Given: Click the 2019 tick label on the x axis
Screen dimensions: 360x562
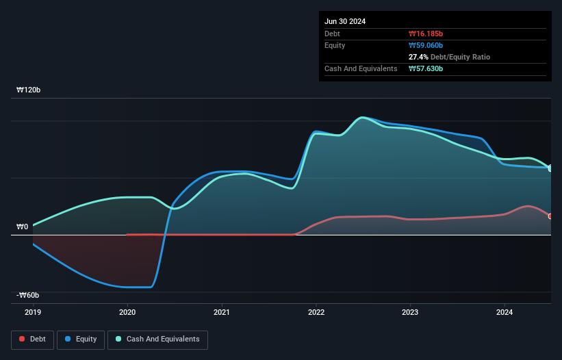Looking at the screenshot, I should (33, 312).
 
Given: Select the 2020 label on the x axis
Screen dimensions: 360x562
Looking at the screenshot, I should (127, 312).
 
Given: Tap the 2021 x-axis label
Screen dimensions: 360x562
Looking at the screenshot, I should (222, 312).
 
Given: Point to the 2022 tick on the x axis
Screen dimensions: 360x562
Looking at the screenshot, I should (316, 312).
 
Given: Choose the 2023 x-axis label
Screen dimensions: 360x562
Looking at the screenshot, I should (410, 312).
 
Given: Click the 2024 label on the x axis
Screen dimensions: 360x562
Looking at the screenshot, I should (504, 312).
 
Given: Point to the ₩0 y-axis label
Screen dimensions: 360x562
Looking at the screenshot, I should (23, 227).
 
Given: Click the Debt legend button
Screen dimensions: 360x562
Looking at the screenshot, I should (32, 339).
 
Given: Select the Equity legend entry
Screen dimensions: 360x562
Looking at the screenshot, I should (81, 339).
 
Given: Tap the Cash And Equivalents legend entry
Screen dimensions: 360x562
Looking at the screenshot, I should (157, 339).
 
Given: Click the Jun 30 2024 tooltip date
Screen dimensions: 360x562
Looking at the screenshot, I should (345, 21).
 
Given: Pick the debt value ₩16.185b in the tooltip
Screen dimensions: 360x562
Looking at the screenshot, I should (426, 34).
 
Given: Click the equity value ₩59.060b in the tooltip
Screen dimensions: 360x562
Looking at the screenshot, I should (426, 45).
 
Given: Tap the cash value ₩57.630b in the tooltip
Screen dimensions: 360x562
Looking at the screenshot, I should (426, 68).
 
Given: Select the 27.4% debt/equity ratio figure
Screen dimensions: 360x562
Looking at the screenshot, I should (420, 57).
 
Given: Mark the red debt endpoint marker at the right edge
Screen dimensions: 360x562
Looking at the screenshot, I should (550, 216).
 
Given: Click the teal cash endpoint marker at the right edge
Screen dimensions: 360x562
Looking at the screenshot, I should (550, 168).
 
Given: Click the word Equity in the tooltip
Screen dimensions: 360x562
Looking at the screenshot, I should (335, 45).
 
